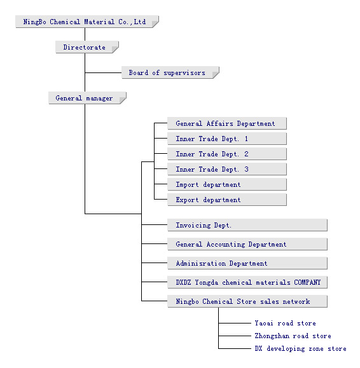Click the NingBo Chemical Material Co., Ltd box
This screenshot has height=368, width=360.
87,22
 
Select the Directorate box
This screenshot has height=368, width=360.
87,47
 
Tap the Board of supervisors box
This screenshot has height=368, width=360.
170,72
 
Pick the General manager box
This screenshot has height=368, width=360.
87,98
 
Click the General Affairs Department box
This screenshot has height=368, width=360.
227,123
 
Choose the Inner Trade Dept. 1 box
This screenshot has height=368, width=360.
227,139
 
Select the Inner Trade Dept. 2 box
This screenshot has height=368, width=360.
227,154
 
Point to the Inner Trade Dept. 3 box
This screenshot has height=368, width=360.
227,169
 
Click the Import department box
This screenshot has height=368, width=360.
227,184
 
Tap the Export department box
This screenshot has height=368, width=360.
227,200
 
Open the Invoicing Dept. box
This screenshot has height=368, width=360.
247,225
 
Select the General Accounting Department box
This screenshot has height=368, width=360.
247,244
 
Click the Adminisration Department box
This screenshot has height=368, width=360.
247,263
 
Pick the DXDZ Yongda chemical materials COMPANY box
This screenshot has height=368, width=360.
247,282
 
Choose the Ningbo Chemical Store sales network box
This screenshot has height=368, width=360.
247,301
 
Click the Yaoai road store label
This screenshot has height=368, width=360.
286,323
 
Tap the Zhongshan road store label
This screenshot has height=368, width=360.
293,336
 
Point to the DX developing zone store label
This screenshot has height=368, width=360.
301,349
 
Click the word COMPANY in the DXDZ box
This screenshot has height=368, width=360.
307,282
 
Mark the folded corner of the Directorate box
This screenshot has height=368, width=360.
115,50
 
